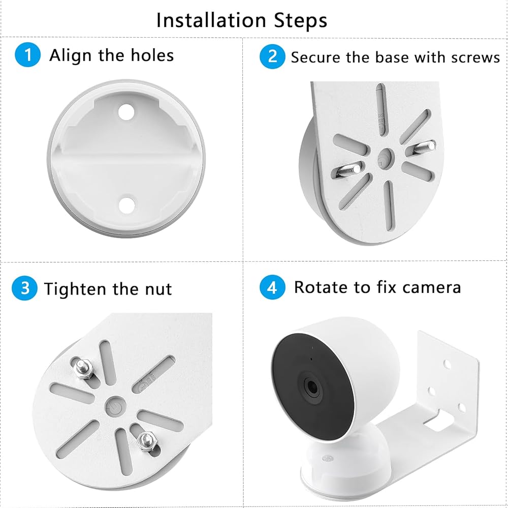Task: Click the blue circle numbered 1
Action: point(27,54)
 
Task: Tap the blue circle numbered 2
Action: point(272,56)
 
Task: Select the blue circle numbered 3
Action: point(24,288)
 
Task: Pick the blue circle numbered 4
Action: point(272,287)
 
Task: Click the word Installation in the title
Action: point(211,20)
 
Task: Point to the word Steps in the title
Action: point(301,21)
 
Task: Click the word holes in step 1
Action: point(152,55)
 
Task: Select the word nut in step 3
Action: point(158,289)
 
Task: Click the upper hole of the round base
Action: point(126,111)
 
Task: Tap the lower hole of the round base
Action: point(126,205)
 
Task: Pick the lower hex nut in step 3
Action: point(147,441)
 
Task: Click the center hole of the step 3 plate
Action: point(116,407)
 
